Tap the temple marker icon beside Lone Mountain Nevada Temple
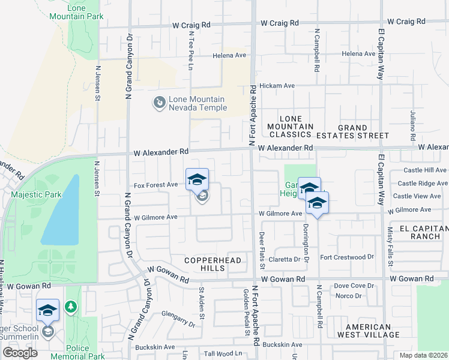(160, 103)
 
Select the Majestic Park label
(32, 194)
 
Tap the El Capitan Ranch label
(424, 233)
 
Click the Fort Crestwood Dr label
(347, 257)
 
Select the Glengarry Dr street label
(179, 319)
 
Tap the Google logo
(20, 353)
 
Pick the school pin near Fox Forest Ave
(197, 179)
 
